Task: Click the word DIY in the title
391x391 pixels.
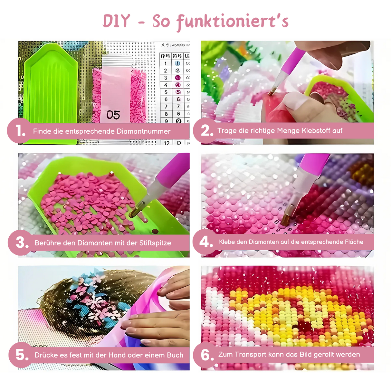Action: point(116,21)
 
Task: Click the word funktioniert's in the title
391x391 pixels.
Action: point(232,22)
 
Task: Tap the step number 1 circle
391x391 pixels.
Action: point(20,131)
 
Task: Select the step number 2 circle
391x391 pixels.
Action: point(206,130)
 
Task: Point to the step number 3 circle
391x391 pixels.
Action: point(22,243)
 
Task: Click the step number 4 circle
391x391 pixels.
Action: point(206,242)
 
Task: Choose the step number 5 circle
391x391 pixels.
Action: point(22,355)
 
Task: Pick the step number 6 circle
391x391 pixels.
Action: point(206,355)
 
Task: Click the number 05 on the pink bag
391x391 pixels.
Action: point(113,115)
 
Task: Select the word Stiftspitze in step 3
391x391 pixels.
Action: point(155,243)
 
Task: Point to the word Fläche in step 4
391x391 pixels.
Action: point(353,242)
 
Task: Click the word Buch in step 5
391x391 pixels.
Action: point(175,355)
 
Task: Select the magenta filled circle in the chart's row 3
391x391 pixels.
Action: point(177,78)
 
